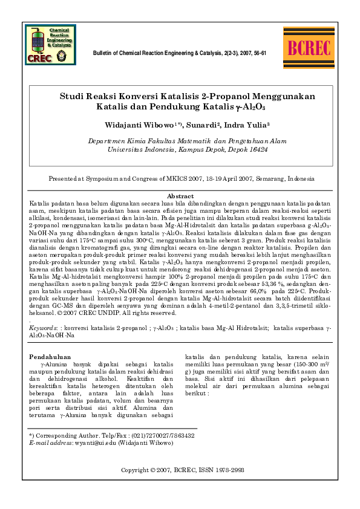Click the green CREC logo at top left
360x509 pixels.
click(x=51, y=45)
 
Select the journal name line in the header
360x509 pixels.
click(x=179, y=53)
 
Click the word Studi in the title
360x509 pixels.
click(x=71, y=96)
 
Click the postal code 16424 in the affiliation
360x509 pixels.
click(x=258, y=148)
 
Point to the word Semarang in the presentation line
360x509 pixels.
click(x=249, y=179)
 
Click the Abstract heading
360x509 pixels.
click(x=180, y=196)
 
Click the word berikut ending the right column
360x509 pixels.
click(x=197, y=392)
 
